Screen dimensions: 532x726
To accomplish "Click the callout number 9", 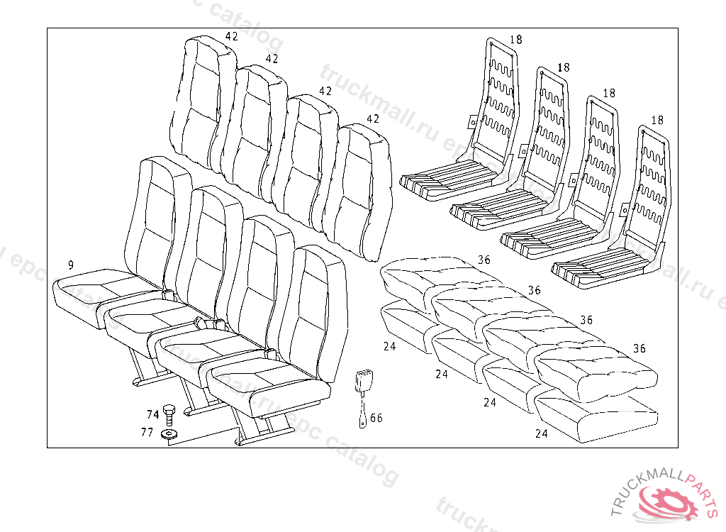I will tap(71, 265).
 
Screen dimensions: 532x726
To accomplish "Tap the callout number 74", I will tap(153, 414).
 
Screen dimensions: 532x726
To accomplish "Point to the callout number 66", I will tap(376, 418).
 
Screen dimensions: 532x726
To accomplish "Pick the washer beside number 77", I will tap(169, 434).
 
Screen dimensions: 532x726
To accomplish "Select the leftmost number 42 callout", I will tap(232, 36).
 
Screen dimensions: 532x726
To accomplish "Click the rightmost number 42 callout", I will tap(373, 118).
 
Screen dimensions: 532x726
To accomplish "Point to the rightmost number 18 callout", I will tap(657, 121).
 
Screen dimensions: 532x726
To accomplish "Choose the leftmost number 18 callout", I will tap(515, 40).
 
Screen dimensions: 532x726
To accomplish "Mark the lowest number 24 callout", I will tap(542, 433).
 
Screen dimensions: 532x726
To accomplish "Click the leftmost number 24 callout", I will tap(389, 347).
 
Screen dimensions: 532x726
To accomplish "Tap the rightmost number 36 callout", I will tap(640, 348).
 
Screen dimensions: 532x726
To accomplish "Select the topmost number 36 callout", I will tap(484, 260).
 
